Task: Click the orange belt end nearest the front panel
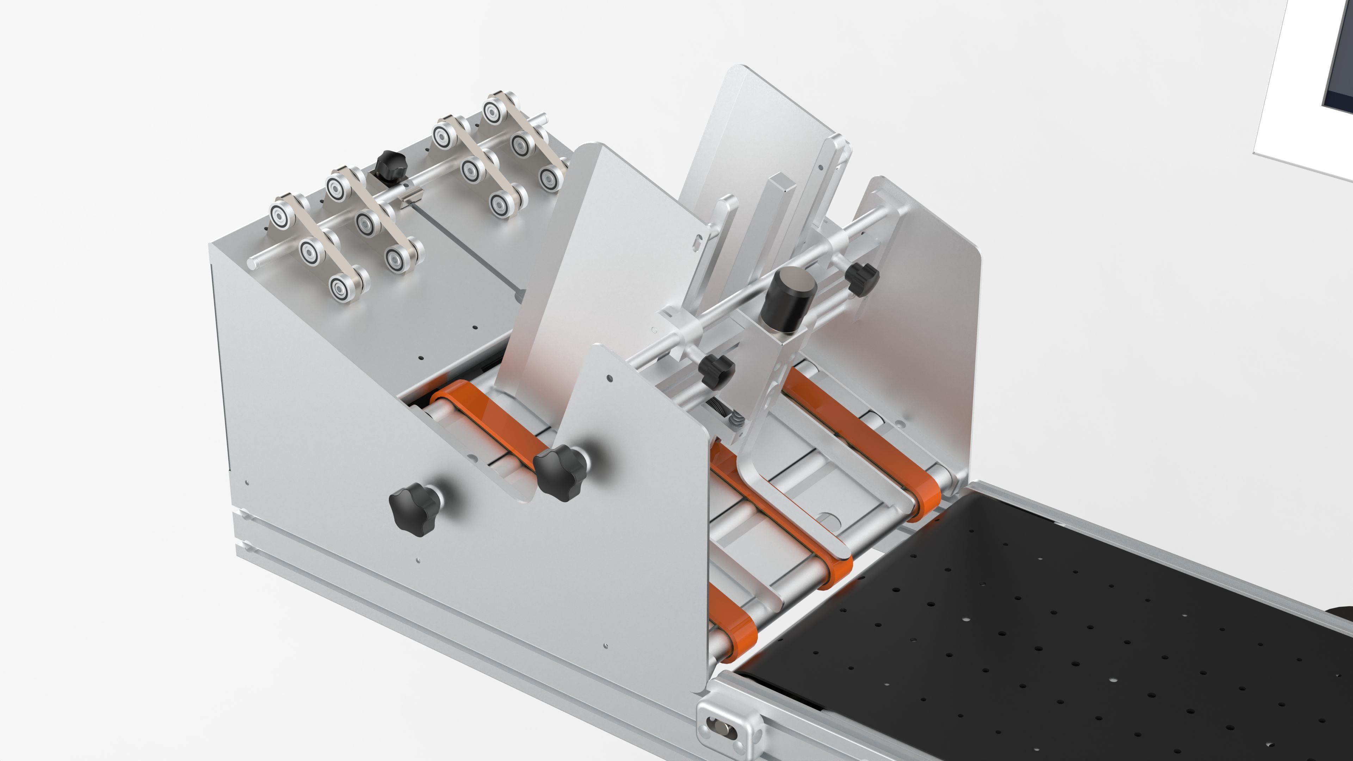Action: [x=735, y=630]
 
